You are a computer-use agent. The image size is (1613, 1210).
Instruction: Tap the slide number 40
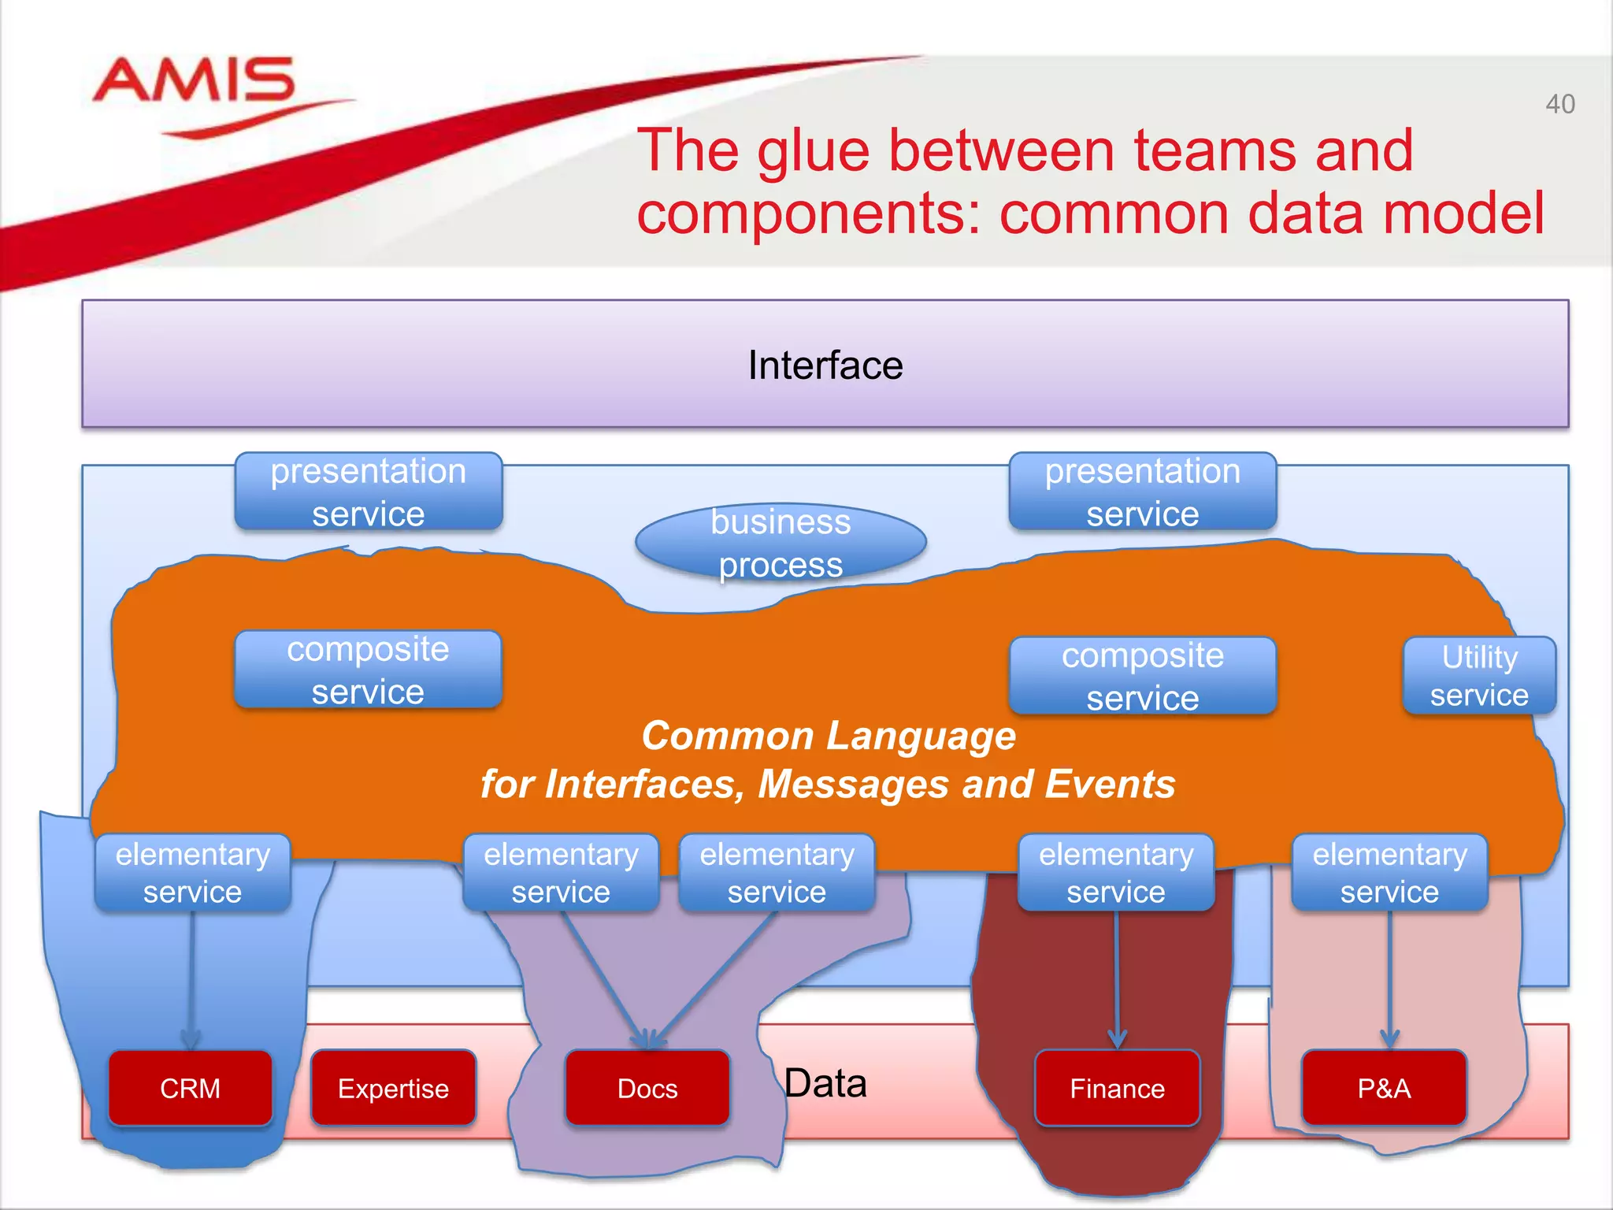point(1559,104)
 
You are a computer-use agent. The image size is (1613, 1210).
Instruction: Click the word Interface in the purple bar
point(825,366)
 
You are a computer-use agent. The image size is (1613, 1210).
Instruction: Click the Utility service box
point(1479,676)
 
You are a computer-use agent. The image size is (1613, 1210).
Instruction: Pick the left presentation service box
point(368,492)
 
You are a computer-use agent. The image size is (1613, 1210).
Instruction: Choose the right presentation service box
point(1142,492)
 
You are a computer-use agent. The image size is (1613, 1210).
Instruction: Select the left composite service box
point(368,670)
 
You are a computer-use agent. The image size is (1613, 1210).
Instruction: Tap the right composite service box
point(1142,676)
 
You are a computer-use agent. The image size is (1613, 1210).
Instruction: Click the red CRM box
point(190,1088)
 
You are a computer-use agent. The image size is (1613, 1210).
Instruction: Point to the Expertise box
point(393,1088)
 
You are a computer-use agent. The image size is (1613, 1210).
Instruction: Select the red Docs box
point(647,1088)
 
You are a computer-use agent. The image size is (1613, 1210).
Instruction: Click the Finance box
point(1117,1088)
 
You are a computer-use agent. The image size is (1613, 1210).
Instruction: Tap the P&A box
point(1384,1088)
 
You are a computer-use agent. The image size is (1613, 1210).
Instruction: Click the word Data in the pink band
point(825,1083)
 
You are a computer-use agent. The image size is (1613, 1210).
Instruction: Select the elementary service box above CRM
point(192,873)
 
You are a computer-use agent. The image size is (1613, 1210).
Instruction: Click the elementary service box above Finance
point(1116,873)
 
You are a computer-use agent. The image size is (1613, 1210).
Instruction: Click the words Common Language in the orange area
point(828,736)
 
